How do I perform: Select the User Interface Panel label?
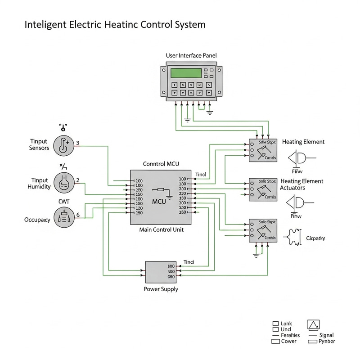click(x=191, y=55)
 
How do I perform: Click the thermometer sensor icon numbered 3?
click(x=63, y=145)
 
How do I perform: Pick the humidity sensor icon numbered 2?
click(x=63, y=182)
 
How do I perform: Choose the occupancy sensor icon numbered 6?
click(x=63, y=217)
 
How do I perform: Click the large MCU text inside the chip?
click(x=159, y=201)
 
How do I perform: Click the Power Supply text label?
click(x=161, y=289)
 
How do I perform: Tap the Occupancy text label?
click(x=37, y=220)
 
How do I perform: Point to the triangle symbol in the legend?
click(x=313, y=325)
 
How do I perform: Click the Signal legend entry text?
click(x=326, y=335)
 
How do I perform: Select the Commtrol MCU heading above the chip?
click(x=161, y=164)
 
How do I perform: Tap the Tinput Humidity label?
click(x=39, y=184)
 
